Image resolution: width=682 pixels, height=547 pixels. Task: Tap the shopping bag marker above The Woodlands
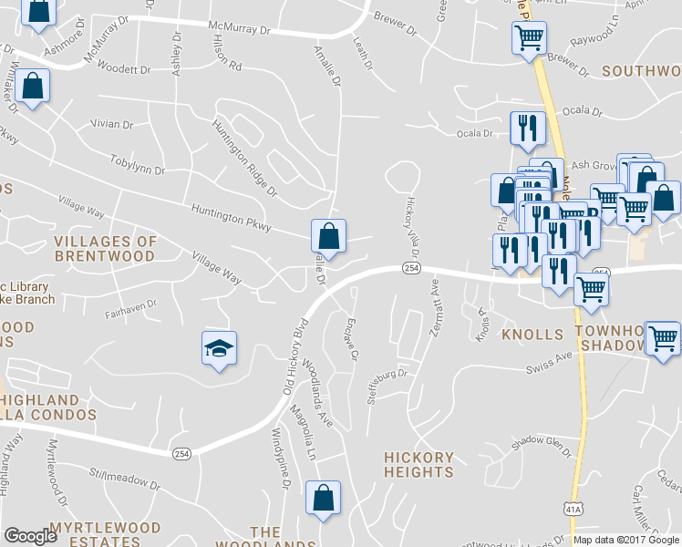[323, 498]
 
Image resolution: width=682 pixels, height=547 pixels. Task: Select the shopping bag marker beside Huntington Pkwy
[328, 235]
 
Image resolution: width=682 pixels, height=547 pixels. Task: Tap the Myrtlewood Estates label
[105, 534]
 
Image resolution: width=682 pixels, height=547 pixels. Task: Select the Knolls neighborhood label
[532, 335]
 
